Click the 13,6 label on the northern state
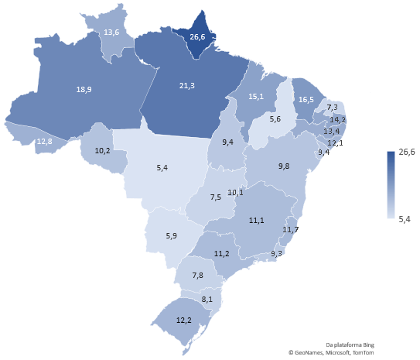point(111,33)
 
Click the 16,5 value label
point(306,100)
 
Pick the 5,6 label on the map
point(275,119)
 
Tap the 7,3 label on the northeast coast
point(333,107)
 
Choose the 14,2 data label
point(338,119)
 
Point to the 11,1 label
point(258,220)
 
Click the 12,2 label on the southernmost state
point(184,321)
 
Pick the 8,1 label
point(207,299)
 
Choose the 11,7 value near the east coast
point(292,230)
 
